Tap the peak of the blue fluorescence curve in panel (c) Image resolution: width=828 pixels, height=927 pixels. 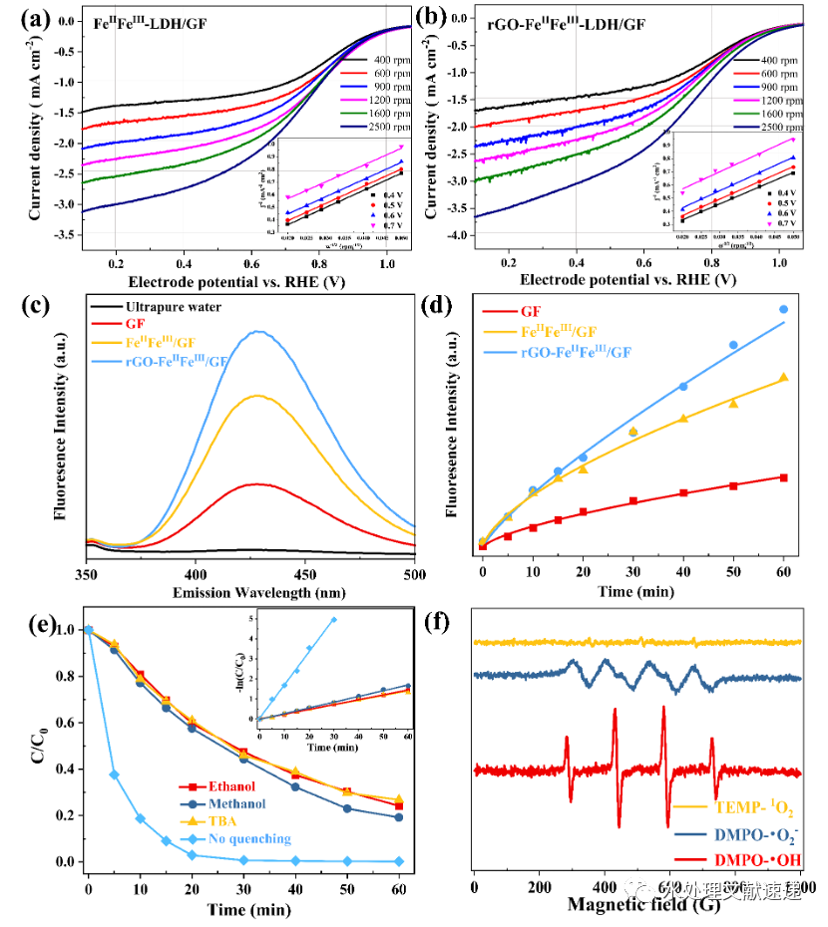260,332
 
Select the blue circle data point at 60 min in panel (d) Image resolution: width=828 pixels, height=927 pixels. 783,309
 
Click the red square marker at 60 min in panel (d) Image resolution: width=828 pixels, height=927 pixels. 783,477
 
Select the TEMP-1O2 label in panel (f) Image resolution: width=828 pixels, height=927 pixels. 754,805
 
